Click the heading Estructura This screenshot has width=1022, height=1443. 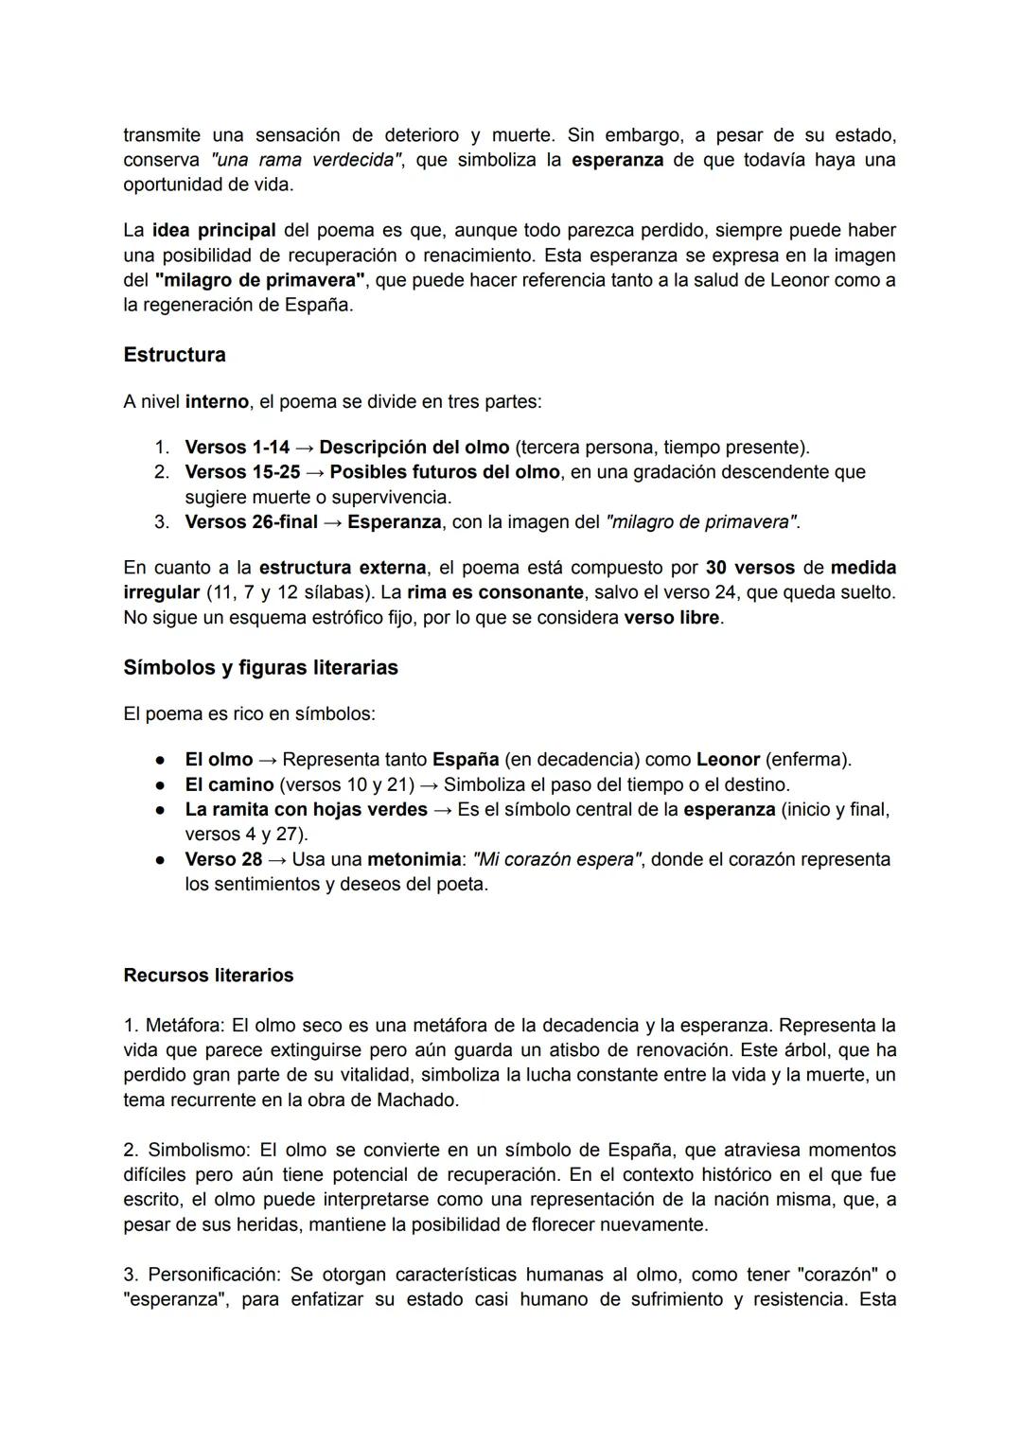[x=174, y=355]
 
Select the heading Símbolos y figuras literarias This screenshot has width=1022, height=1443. [x=260, y=667]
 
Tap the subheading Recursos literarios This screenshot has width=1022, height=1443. [x=208, y=976]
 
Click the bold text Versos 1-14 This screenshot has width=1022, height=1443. [x=237, y=447]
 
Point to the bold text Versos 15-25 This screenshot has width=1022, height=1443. [x=241, y=471]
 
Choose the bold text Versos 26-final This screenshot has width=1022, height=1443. [x=251, y=521]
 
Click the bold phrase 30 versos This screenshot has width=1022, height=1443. [x=750, y=568]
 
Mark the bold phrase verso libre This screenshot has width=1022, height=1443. [x=672, y=618]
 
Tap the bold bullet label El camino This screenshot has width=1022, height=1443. [x=228, y=784]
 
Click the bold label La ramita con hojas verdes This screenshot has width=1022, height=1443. [x=306, y=809]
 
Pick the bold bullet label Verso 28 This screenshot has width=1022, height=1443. [x=223, y=859]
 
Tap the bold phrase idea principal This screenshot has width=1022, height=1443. [x=214, y=230]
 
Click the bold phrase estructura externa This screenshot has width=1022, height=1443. [x=342, y=568]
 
